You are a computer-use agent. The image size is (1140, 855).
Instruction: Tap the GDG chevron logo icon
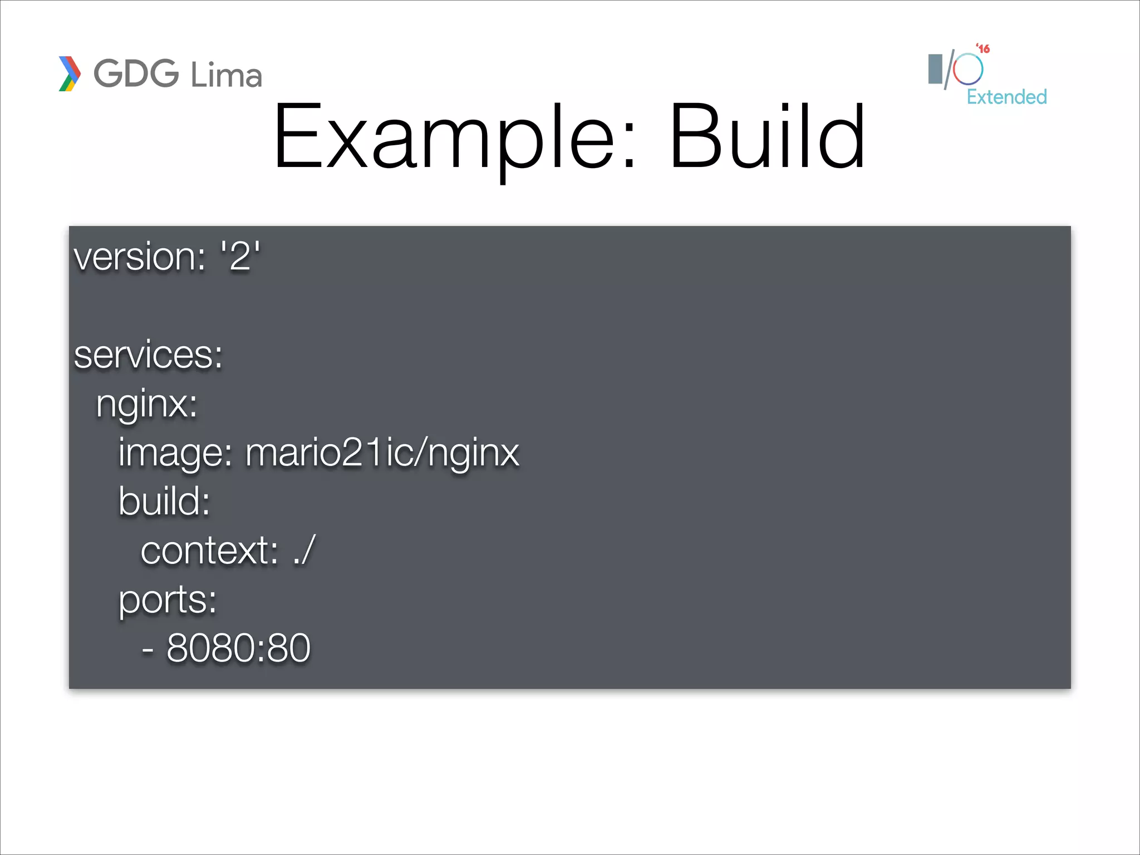70,73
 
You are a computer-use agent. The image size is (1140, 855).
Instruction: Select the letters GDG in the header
136,73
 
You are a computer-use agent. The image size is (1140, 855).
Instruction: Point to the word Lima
226,75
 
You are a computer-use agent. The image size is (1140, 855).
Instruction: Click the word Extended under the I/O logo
1006,97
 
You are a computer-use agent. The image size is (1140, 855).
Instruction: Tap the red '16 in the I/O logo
983,49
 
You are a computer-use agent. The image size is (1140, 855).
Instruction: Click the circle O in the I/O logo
968,70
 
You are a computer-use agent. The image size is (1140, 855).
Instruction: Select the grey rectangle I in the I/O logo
935,69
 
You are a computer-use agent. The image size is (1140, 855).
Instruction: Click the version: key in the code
140,257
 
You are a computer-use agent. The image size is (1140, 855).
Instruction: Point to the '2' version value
240,257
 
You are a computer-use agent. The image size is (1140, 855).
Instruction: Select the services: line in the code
148,355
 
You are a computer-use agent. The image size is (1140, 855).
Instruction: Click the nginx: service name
146,404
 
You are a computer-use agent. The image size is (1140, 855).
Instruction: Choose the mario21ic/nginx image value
382,453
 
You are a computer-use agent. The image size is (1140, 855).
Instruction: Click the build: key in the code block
164,501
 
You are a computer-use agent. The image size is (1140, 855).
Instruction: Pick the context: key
209,551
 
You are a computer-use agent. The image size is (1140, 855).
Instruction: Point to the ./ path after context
304,551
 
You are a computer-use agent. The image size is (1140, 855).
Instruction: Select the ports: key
168,600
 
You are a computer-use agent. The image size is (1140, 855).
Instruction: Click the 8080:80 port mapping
238,648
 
